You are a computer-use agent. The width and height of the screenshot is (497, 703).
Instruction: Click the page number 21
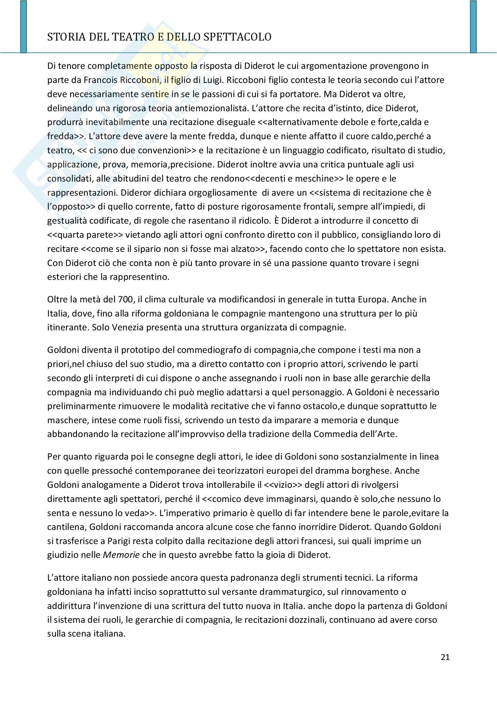(445, 657)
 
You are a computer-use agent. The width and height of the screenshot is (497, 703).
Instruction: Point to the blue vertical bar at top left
(23, 27)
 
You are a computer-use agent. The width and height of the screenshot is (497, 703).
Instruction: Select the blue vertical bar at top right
(473, 27)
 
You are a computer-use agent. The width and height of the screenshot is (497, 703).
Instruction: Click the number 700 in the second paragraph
(125, 299)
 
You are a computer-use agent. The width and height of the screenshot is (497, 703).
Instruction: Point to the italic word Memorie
(121, 555)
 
